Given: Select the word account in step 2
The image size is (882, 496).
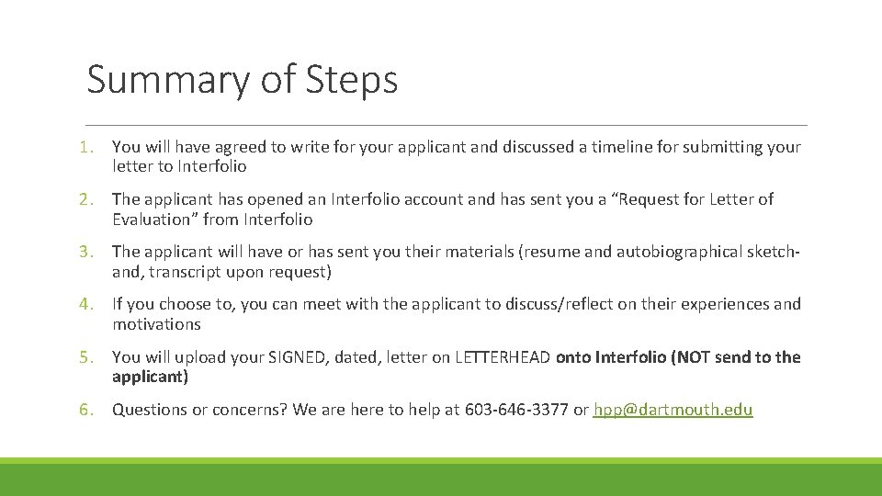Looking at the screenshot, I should (436, 199).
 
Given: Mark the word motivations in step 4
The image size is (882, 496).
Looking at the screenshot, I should (156, 324).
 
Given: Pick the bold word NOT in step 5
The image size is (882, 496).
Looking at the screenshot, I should (697, 357).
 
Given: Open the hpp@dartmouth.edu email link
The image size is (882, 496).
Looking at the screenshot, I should (673, 410).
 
